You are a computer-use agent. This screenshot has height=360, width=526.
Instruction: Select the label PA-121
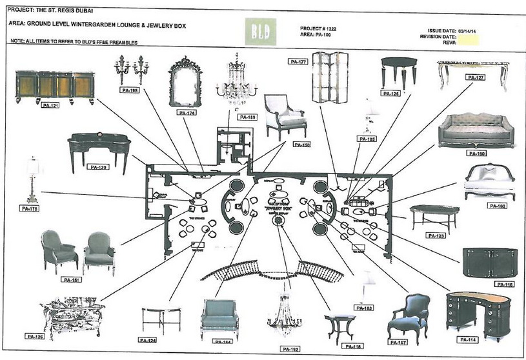click(x=50, y=105)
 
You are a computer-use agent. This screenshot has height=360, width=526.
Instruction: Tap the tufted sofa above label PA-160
click(x=476, y=130)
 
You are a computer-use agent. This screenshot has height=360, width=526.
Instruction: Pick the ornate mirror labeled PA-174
click(x=185, y=82)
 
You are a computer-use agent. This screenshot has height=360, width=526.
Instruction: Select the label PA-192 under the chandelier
click(x=290, y=348)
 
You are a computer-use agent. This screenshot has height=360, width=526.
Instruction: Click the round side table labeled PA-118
click(x=339, y=328)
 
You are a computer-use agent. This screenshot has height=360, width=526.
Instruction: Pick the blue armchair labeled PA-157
click(x=410, y=318)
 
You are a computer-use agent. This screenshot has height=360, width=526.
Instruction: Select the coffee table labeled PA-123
click(x=434, y=217)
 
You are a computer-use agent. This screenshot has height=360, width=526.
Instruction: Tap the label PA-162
click(x=498, y=206)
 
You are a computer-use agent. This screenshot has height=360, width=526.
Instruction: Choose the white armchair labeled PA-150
click(x=285, y=116)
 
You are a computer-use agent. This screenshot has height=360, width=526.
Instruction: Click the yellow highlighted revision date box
click(x=467, y=39)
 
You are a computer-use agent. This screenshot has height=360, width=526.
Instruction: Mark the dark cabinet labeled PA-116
click(x=490, y=263)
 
